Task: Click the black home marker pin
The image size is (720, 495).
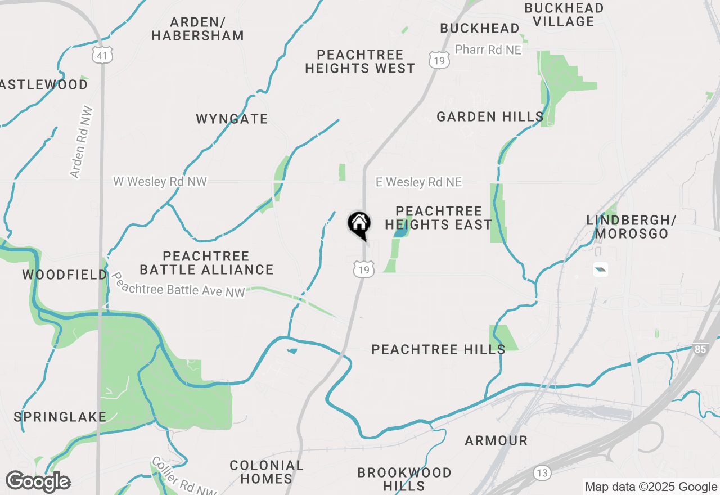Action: (x=359, y=224)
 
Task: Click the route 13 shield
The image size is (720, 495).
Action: (x=542, y=473)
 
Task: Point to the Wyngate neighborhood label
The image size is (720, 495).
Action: (x=232, y=119)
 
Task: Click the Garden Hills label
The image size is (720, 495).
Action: (x=490, y=117)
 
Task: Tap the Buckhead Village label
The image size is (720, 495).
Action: (x=564, y=15)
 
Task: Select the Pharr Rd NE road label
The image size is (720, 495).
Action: (x=488, y=50)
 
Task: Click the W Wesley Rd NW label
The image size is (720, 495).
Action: (x=160, y=182)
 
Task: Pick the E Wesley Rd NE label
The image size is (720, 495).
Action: (x=419, y=182)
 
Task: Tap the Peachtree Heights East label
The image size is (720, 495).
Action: (x=439, y=218)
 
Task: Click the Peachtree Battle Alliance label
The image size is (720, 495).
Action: (x=206, y=263)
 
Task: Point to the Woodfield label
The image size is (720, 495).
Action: (x=65, y=274)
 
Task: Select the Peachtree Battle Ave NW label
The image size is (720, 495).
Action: (x=179, y=285)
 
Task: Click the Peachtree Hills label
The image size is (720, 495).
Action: (x=438, y=350)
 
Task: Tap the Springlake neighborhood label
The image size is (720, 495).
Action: (x=60, y=417)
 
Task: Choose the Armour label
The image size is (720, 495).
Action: (x=496, y=440)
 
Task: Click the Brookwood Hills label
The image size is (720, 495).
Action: (x=404, y=479)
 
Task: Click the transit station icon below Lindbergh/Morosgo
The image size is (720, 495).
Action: (x=601, y=271)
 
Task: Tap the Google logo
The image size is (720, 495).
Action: (x=38, y=481)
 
